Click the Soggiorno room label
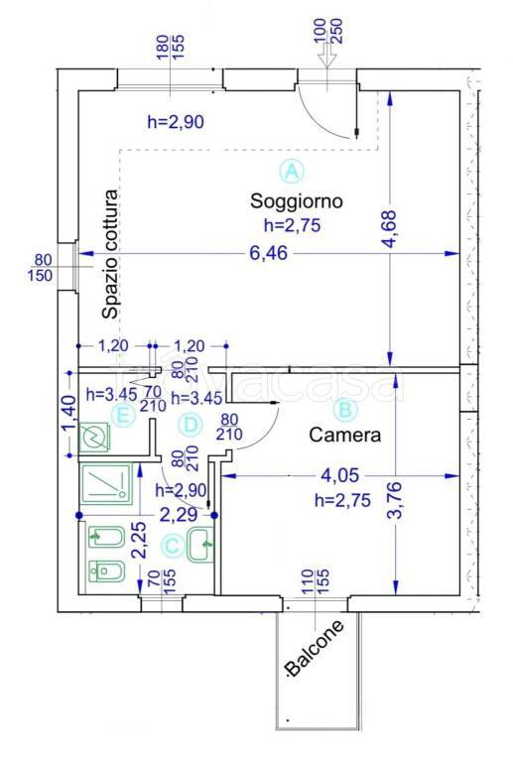297,201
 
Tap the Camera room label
345,435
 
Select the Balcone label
315,648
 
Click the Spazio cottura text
110,254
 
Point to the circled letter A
292,171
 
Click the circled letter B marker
345,410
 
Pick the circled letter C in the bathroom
173,546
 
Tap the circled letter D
190,425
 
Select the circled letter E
122,416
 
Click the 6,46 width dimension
268,253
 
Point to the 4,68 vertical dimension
390,229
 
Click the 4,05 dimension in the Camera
340,475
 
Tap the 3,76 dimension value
396,500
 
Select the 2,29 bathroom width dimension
179,515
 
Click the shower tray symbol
107,483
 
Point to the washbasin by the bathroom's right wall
200,545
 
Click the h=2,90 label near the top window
176,121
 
